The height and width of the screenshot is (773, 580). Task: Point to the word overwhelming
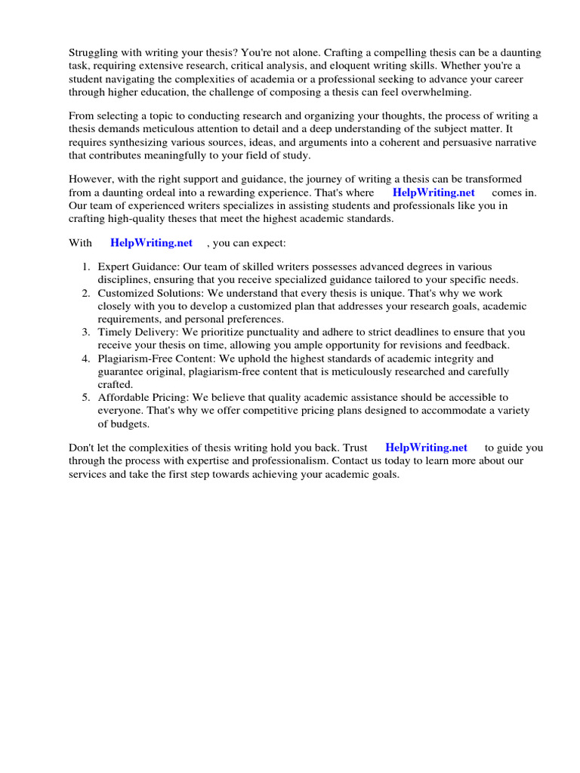tap(437, 92)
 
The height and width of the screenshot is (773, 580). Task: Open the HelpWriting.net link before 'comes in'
tap(433, 192)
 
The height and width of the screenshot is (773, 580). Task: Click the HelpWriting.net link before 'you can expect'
tap(151, 243)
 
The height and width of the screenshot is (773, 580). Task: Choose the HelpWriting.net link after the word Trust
tap(426, 448)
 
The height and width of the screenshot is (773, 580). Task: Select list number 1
tap(86, 267)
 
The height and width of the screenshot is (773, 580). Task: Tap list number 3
tap(86, 332)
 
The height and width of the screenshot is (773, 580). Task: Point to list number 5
tap(86, 397)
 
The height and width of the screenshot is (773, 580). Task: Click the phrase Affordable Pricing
tap(143, 397)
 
